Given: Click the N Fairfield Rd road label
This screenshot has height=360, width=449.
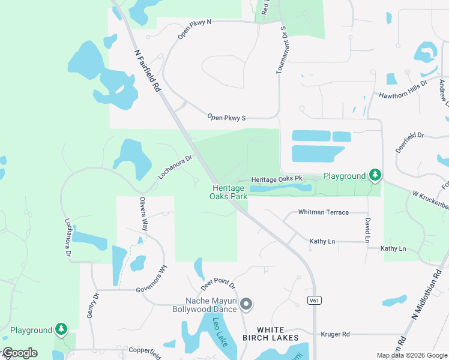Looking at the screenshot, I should coord(147,71).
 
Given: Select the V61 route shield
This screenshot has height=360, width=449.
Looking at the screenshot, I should coord(313,300).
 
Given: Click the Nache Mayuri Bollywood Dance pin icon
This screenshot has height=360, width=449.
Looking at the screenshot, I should coord(246,305).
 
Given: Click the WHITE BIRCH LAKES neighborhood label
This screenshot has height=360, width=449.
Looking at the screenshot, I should coord(278,334).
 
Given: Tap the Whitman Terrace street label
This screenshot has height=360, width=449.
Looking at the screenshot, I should coord(323,212).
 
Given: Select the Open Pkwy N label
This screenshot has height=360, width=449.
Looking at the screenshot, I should coord(194,29).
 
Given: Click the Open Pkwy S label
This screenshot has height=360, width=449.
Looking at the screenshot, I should coord(227,118).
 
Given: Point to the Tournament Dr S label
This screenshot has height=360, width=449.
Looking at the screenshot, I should coord(281,50).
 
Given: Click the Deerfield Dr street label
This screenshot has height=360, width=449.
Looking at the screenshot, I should coord(410,143).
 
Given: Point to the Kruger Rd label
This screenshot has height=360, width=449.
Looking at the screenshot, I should coord(335,334).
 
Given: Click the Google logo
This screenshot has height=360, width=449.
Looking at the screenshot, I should coord(20,353).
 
